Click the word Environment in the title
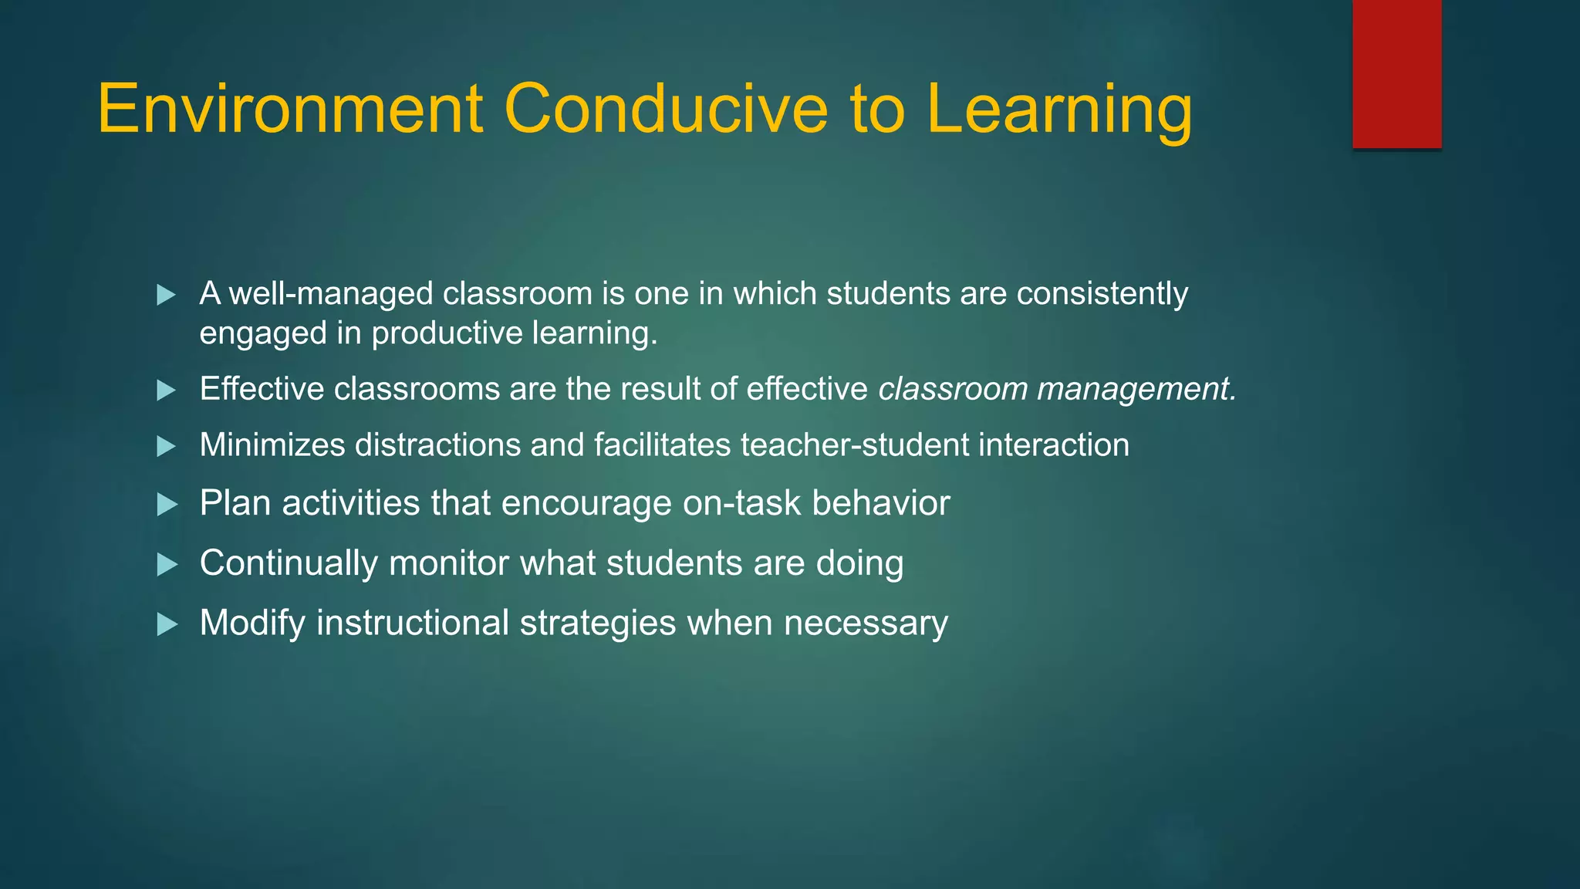coord(290,110)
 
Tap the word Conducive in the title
coord(666,110)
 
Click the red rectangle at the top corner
coord(1396,74)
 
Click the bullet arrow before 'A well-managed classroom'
coord(166,295)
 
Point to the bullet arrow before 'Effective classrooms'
coord(166,390)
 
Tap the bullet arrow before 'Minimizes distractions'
coord(166,446)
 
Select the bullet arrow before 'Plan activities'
coord(166,505)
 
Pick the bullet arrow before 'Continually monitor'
coord(166,564)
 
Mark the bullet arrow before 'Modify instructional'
coord(166,624)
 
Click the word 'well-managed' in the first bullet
coord(331,294)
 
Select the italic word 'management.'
coord(1136,390)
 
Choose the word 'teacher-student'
coord(854,445)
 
